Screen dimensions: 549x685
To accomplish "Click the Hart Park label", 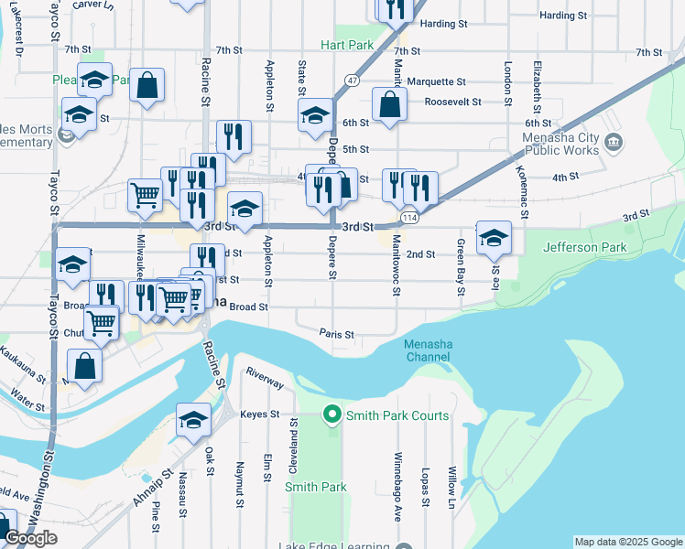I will click(347, 45).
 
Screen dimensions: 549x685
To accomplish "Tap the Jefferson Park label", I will click(585, 247).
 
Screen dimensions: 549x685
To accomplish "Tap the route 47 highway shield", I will click(352, 80).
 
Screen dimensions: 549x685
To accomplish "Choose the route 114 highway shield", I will click(409, 218).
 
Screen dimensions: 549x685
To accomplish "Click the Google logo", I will click(30, 538).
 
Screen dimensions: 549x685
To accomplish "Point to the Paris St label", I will click(336, 334).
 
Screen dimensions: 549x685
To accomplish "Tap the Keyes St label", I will click(259, 414).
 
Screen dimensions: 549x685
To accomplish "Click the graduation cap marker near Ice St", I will click(494, 238).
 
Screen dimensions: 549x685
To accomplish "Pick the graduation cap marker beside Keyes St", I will click(193, 419).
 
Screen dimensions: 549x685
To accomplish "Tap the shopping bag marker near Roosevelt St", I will click(390, 104).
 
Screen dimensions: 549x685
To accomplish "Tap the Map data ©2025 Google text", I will click(627, 542).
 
